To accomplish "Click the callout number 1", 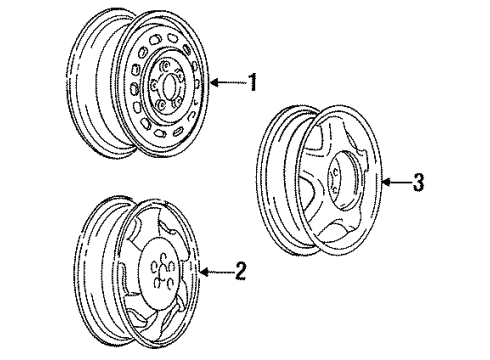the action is click(253, 82).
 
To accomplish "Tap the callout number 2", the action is click(240, 271).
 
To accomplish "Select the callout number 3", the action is click(419, 182).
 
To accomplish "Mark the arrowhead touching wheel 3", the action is click(386, 182).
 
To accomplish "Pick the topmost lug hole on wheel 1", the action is click(164, 65).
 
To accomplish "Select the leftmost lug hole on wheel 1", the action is click(154, 85).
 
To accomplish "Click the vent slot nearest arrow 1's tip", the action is click(198, 83).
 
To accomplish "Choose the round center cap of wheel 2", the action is click(161, 268).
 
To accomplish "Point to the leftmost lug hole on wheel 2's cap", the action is click(154, 266).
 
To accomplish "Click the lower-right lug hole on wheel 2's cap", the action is click(170, 282).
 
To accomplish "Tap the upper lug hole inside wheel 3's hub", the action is click(334, 173).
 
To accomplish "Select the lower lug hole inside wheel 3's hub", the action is click(334, 190).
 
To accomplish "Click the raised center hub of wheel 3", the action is click(344, 180).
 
